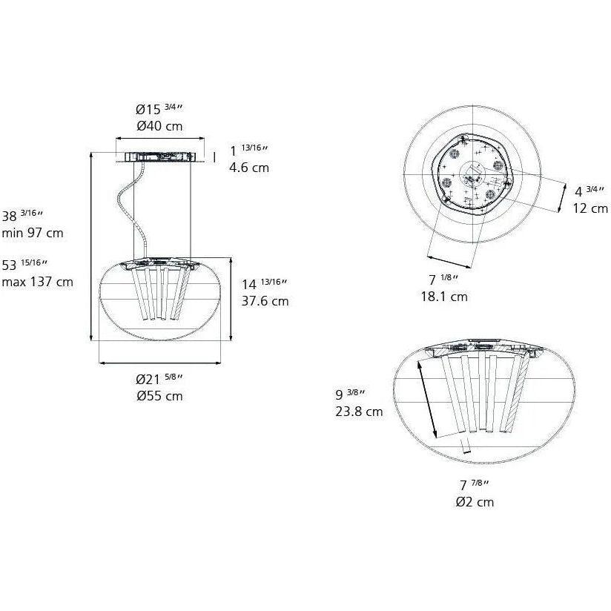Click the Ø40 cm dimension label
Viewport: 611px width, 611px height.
[159, 126]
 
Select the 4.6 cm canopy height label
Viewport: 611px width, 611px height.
[249, 168]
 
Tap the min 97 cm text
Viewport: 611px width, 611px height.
[33, 233]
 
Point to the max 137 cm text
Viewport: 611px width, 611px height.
[37, 282]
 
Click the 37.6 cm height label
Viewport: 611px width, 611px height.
[265, 301]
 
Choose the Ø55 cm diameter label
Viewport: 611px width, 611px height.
[159, 396]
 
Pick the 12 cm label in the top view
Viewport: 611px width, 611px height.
[590, 208]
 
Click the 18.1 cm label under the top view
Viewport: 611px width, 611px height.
[444, 297]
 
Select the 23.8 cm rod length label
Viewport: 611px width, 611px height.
[359, 412]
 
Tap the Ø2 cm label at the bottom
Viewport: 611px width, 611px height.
[475, 502]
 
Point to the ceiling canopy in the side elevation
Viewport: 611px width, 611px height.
[159, 157]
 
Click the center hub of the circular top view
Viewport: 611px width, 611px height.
[469, 176]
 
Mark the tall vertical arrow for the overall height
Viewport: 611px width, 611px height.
[90, 245]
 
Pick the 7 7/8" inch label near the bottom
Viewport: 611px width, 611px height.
[474, 486]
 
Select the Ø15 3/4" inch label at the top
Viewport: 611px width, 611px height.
[159, 109]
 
